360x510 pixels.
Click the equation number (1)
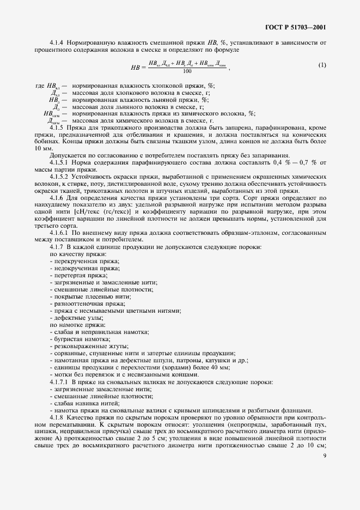pos(322,65)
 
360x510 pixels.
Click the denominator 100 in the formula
pos(187,71)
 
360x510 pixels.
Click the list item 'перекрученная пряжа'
pos(86,262)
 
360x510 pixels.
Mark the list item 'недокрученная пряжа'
pos(86,269)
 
